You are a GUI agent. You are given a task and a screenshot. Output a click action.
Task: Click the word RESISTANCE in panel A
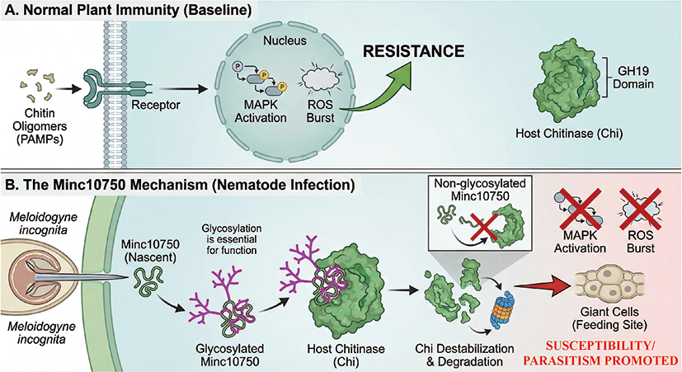click(x=414, y=51)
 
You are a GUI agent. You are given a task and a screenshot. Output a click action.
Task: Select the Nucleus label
click(x=285, y=40)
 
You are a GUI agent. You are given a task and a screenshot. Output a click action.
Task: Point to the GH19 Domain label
click(x=633, y=77)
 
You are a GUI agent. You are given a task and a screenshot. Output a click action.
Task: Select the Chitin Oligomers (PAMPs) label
click(x=40, y=126)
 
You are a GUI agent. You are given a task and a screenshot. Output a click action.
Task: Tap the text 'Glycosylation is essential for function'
click(x=232, y=239)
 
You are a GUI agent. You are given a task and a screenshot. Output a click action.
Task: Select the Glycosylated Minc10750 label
click(x=229, y=355)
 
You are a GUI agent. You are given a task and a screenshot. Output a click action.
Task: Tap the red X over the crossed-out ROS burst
click(x=641, y=208)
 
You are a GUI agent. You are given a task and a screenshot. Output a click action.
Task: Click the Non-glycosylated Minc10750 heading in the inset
click(x=480, y=189)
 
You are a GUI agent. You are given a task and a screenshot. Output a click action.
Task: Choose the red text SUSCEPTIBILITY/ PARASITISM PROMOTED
click(x=600, y=353)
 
